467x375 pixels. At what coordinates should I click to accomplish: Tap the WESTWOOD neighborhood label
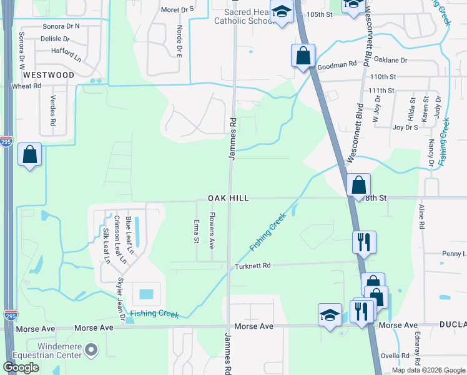[x=48, y=75]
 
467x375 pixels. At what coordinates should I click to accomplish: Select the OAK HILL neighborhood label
[x=229, y=198]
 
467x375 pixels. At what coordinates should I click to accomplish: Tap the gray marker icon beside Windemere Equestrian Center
[x=91, y=349]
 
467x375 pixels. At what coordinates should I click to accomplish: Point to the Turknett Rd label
[x=252, y=266]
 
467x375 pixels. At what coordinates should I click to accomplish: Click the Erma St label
[x=196, y=231]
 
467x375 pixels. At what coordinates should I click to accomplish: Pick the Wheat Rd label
[x=26, y=86]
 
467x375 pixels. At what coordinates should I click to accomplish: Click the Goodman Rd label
[x=337, y=64]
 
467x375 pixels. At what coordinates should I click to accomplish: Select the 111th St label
[x=381, y=91]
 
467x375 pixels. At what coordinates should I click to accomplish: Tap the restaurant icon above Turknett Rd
[x=364, y=241]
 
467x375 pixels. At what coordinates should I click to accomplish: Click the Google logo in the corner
[x=21, y=367]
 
